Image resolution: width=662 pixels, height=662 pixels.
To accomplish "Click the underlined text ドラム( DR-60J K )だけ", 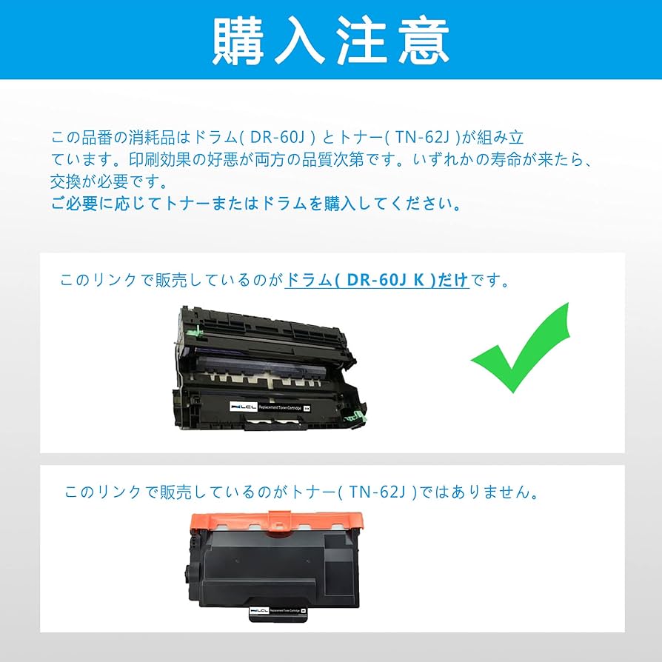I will (x=377, y=281).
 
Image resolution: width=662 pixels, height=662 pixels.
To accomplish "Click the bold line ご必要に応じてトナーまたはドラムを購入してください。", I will (x=256, y=204).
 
